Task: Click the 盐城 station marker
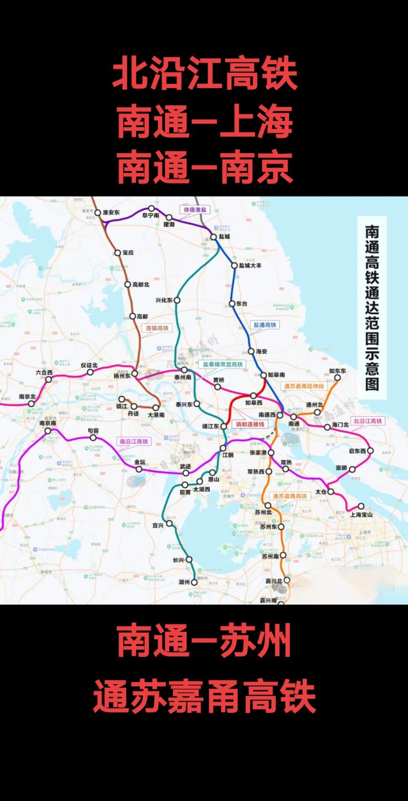214,237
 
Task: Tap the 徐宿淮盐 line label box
196,210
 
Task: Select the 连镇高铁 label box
157,328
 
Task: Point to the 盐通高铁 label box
265,325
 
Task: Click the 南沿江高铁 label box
133,441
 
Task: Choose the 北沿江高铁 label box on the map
367,421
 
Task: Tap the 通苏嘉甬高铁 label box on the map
290,496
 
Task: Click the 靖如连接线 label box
249,424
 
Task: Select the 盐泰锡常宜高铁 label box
221,364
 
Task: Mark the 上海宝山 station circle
361,506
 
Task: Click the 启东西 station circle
370,450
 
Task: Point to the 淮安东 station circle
98,212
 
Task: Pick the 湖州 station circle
194,582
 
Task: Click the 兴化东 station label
164,301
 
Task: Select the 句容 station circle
93,438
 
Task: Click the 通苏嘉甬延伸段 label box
303,386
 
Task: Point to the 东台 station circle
233,303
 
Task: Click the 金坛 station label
140,462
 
